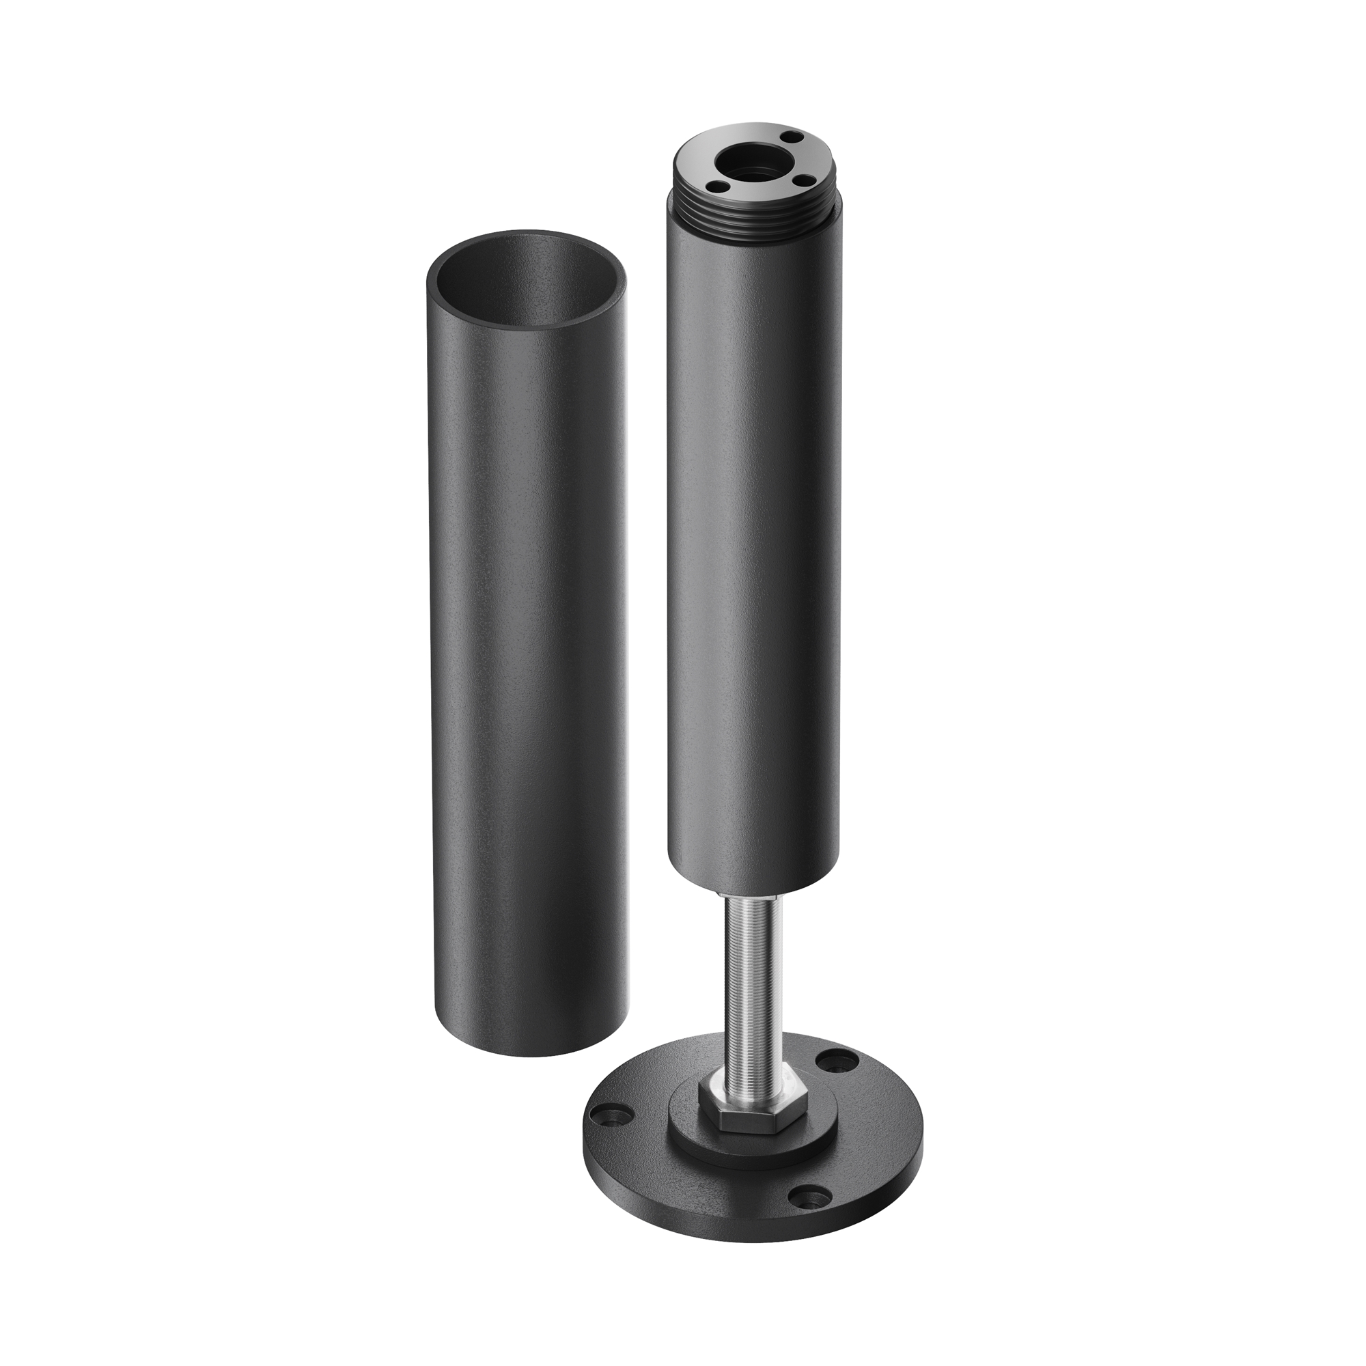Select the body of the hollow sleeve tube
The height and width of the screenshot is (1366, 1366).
pos(527,637)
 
